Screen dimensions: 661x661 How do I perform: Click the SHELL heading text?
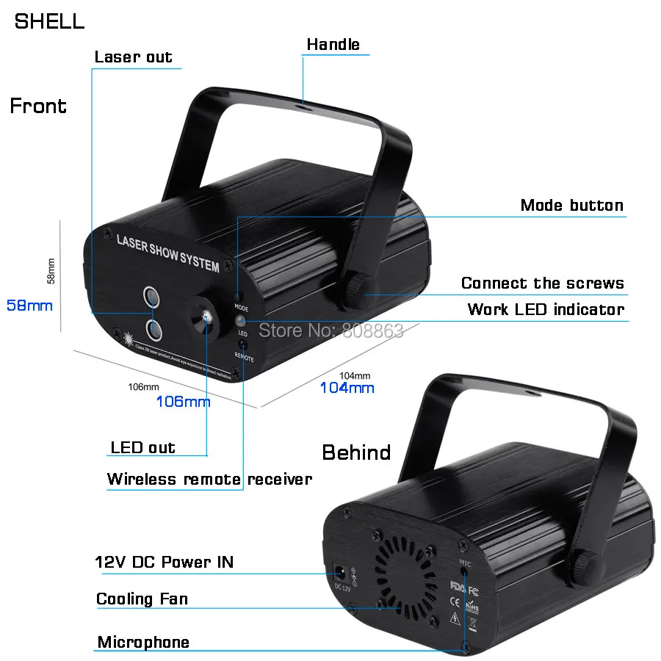(x=49, y=21)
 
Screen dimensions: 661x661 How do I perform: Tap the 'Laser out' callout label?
(x=133, y=57)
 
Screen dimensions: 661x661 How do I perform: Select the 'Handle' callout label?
(x=333, y=44)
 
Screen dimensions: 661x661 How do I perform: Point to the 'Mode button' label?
(x=571, y=205)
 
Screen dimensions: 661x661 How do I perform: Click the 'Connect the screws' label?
(x=542, y=283)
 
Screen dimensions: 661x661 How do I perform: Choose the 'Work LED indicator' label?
(x=545, y=309)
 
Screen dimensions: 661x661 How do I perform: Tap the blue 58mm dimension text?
(x=29, y=305)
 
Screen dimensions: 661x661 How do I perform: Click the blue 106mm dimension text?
(x=183, y=401)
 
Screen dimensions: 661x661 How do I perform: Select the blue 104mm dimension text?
(x=347, y=387)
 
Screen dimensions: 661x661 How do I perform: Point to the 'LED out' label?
(x=142, y=447)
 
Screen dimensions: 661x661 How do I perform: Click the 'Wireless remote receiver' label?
(x=209, y=480)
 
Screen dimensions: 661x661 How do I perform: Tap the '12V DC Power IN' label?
(x=165, y=563)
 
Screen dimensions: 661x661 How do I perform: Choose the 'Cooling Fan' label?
(x=142, y=599)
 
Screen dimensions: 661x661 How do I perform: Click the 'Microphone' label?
(x=143, y=643)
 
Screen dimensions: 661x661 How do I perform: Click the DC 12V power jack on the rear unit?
(x=342, y=571)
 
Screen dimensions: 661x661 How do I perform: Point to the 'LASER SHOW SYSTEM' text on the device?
(x=167, y=252)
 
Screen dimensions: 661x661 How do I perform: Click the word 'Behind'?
(x=356, y=452)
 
